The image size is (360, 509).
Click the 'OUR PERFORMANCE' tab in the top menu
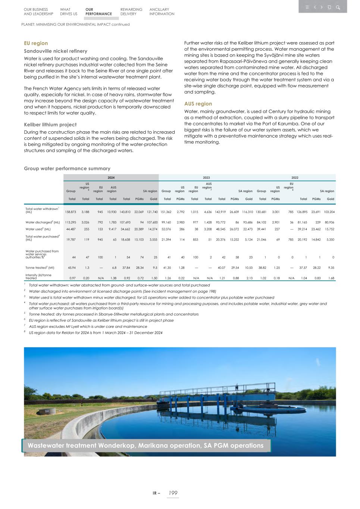click(x=98, y=12)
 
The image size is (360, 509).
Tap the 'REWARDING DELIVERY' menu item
click(x=131, y=12)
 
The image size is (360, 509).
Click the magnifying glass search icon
click(x=338, y=7)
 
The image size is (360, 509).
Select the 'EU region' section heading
click(x=36, y=43)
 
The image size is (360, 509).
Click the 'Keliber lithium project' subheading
click(x=50, y=125)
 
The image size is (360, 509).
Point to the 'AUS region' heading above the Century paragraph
click(x=198, y=104)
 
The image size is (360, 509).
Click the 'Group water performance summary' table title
click(x=67, y=169)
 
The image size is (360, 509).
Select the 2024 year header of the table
click(x=111, y=178)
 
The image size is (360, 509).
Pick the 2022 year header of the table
click(x=295, y=178)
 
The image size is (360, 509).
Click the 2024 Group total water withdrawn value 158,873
click(x=71, y=212)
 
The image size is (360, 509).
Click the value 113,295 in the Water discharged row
click(x=71, y=222)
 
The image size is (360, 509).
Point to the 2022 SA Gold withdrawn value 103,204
click(x=329, y=212)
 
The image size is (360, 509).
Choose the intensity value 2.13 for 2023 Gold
click(x=249, y=278)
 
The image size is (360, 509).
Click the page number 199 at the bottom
click(x=173, y=493)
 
